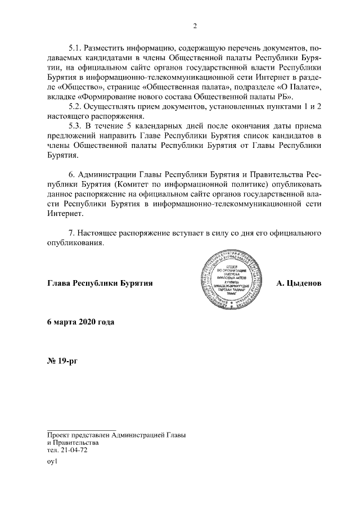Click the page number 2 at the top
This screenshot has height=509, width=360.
click(195, 26)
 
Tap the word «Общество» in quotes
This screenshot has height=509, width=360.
click(66, 88)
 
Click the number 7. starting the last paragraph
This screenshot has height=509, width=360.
click(71, 233)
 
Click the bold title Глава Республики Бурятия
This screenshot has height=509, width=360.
click(100, 283)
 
